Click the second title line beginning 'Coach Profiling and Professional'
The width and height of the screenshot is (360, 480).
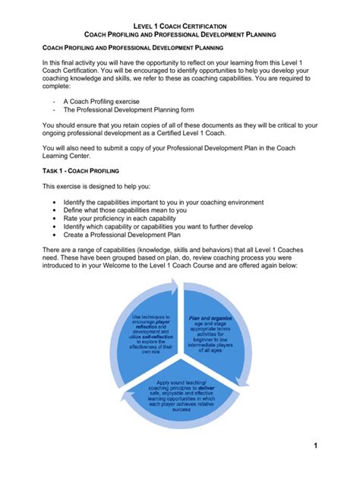coord(179,35)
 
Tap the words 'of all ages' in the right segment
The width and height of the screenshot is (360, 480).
coord(210,351)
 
